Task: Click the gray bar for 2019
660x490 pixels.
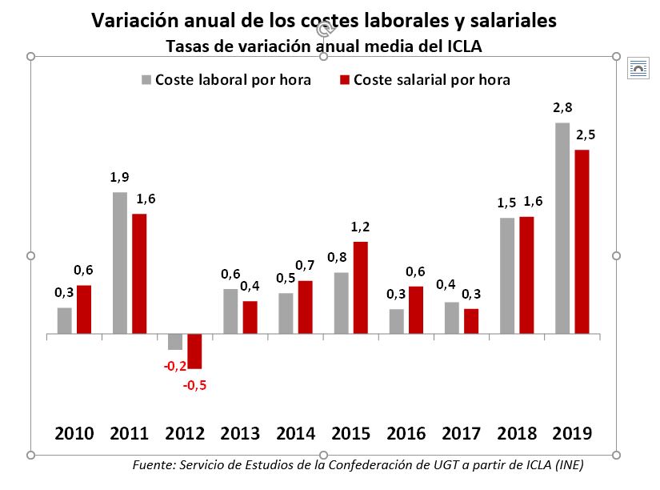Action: pos(562,228)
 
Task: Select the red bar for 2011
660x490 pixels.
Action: pos(139,273)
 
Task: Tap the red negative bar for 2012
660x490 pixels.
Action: pos(194,351)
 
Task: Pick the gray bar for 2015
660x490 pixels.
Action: pos(341,303)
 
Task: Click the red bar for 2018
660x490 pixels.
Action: pos(526,275)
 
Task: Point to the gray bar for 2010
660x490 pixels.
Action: pos(65,320)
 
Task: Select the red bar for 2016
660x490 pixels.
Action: pos(415,309)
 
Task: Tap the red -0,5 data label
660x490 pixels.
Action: pos(195,386)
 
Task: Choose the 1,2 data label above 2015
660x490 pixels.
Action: pos(360,227)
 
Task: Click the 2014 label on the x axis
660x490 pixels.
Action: pos(295,434)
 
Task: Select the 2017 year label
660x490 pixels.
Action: pos(462,434)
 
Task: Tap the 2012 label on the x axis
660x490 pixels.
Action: pos(185,434)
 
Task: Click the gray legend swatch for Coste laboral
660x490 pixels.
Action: pos(146,80)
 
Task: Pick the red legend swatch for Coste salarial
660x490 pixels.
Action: pos(345,80)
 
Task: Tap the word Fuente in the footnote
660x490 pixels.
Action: pos(154,465)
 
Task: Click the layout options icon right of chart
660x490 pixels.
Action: pos(638,69)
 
